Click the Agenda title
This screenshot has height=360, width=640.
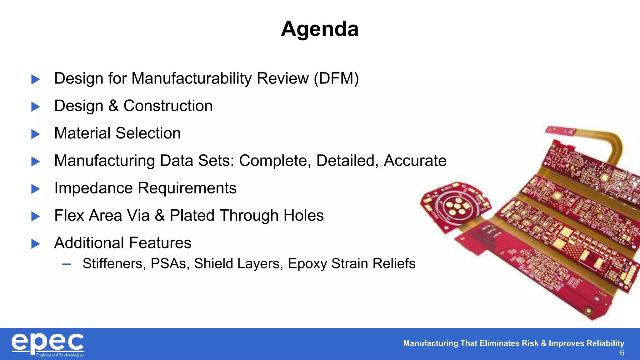[320, 29]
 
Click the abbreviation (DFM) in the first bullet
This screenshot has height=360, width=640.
[336, 78]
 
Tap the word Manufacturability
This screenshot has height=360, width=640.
[192, 78]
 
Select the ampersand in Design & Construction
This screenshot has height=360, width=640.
[113, 106]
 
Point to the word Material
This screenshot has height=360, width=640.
[82, 133]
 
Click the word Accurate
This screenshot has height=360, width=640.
[415, 161]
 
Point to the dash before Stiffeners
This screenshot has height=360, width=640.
[67, 264]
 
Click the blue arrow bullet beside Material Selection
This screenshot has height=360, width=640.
[36, 134]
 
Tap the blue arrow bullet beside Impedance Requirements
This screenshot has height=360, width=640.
[36, 189]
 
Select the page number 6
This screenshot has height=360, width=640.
[622, 353]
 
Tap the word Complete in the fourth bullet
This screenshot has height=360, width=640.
[275, 161]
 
